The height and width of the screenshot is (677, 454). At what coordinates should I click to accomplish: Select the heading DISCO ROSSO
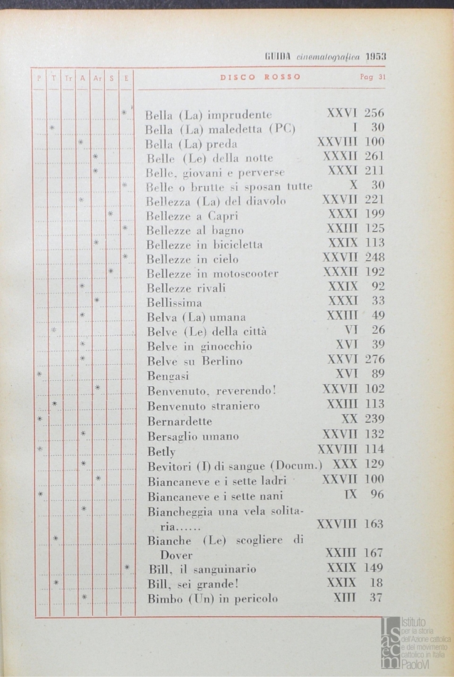pos(260,77)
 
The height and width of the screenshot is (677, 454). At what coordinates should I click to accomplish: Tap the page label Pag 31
pos(372,78)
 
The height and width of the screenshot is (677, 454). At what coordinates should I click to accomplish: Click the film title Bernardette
pos(179,421)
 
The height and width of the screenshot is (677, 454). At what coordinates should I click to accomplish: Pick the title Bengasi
pos(167,376)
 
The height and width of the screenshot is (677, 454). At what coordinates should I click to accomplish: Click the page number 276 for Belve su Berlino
pos(374,360)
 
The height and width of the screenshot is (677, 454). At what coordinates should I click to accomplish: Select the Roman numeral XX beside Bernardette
pos(349,419)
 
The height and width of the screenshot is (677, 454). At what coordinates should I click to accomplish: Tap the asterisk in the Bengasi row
pos(39,374)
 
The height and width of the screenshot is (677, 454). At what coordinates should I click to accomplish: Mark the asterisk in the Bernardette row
pos(39,419)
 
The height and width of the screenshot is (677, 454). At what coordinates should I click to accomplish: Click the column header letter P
pos(38,78)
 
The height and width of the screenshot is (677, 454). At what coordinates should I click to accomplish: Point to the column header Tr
pos(68,78)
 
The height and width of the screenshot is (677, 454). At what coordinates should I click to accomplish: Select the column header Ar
pos(97,78)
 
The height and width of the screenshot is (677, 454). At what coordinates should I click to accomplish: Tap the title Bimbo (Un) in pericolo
pos(212,599)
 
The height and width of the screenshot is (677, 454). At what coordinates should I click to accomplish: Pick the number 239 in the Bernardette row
pos(374,419)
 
